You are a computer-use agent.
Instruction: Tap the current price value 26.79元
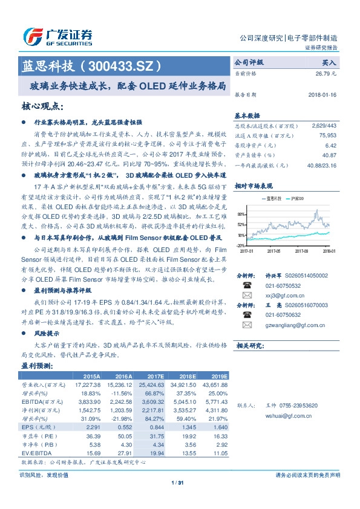pos(325,74)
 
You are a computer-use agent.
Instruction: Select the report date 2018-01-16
pos(322,95)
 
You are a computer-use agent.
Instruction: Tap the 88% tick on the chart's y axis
pos(241,215)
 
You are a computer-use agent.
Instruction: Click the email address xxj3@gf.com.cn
pos(278,295)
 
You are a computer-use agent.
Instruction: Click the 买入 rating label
pos(329,62)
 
